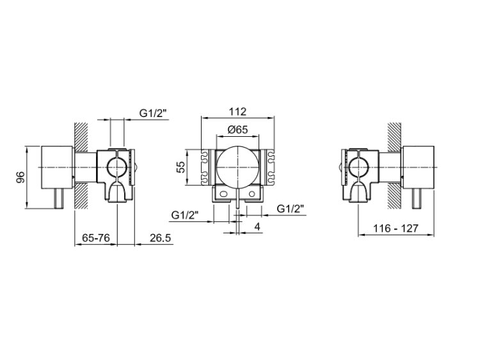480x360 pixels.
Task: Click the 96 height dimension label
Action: click(20, 178)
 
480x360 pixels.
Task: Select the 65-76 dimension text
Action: click(96, 238)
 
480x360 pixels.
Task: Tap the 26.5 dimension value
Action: click(160, 238)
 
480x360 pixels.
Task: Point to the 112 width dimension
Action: click(237, 112)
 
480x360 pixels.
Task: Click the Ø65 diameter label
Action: click(237, 130)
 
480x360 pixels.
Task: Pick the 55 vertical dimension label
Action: click(182, 167)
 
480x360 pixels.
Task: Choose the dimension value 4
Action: click(257, 226)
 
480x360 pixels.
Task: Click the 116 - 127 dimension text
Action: click(396, 228)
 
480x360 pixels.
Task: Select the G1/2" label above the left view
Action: click(153, 113)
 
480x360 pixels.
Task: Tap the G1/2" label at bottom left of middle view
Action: click(185, 215)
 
